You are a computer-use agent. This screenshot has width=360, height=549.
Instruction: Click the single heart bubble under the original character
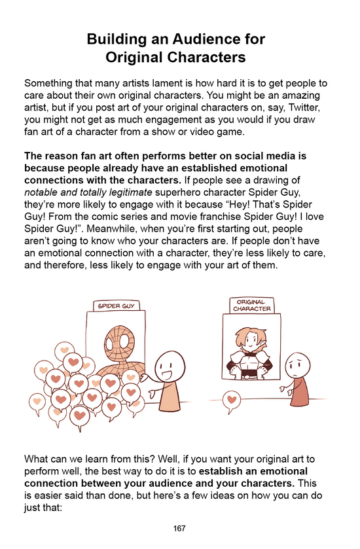231,397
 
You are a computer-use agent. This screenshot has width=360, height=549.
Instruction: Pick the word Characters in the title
209,58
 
